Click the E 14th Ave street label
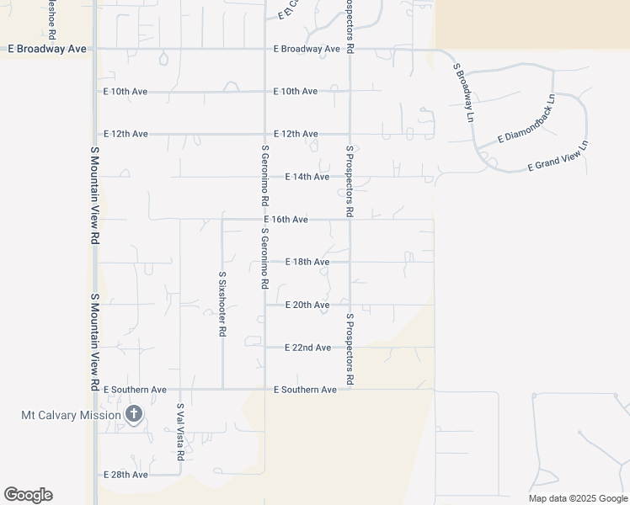pos(307,177)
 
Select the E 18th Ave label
pos(307,263)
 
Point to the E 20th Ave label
pos(307,305)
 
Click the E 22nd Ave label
pos(307,348)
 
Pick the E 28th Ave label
pos(125,475)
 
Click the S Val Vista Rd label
pos(180,432)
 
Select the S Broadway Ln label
pos(464,92)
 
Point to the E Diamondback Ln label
pos(527,117)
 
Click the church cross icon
pos(133,414)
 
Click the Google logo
pos(28,495)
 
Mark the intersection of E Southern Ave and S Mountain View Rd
pos(95,390)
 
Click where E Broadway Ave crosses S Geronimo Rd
pos(264,49)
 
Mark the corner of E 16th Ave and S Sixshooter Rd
pos(222,220)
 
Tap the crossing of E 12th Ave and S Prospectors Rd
pos(350,134)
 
